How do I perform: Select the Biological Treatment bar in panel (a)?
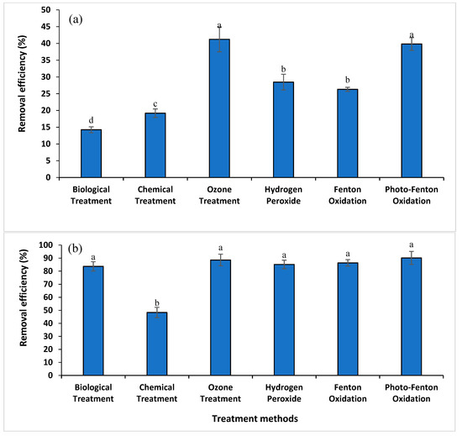(91, 153)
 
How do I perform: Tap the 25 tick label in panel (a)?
(50, 93)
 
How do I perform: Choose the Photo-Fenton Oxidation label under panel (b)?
(412, 393)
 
